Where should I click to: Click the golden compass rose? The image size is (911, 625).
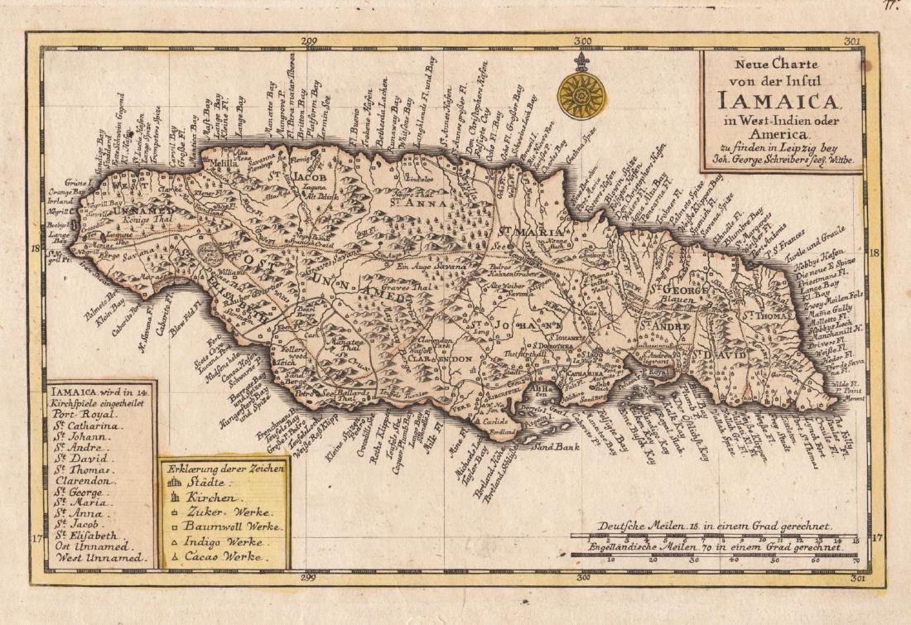(581, 96)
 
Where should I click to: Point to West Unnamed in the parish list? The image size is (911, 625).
(101, 559)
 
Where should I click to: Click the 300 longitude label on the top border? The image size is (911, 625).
(582, 38)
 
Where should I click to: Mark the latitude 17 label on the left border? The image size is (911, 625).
(37, 539)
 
